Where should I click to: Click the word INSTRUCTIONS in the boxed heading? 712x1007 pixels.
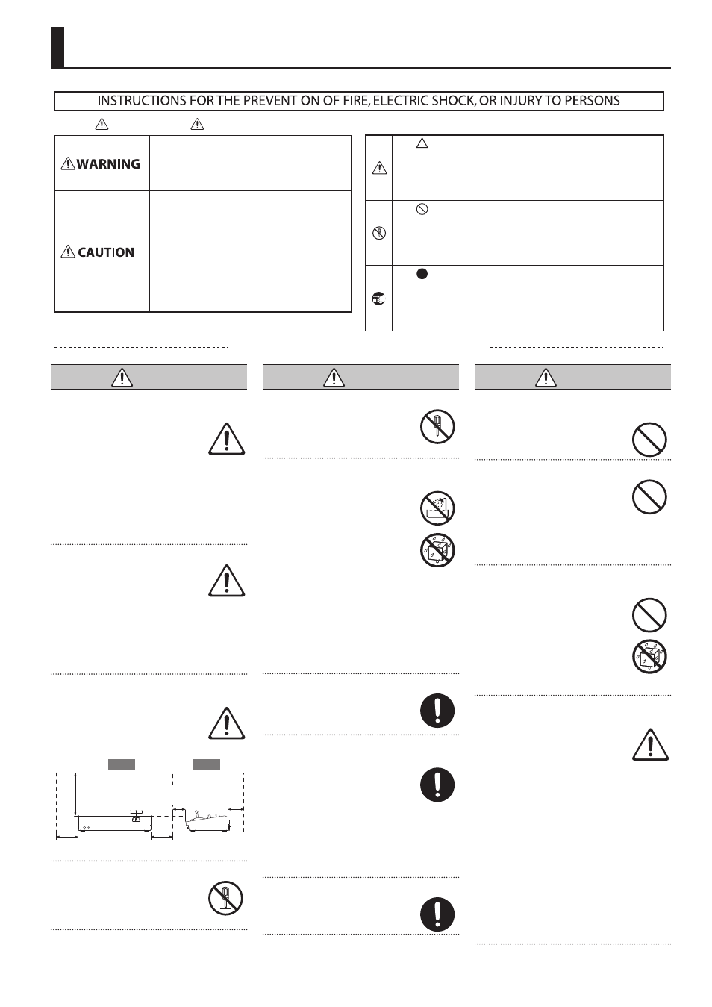[131, 101]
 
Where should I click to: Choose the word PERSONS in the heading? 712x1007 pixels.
[593, 101]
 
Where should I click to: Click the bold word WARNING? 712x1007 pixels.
[108, 164]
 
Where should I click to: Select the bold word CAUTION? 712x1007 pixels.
[106, 252]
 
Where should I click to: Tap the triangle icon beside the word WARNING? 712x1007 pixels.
[68, 163]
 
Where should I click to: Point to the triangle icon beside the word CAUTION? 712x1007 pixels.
[68, 252]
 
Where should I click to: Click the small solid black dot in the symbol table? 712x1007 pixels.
[422, 274]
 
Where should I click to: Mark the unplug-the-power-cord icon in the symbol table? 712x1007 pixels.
[379, 299]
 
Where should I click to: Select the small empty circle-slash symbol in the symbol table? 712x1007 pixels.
[422, 210]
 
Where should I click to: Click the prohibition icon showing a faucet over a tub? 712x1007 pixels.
[437, 508]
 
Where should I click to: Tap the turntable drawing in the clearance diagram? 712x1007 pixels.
[116, 821]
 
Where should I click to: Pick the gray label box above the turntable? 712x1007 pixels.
[122, 764]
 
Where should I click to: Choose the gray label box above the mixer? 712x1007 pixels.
[207, 764]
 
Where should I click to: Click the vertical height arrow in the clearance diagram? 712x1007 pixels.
[75, 794]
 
